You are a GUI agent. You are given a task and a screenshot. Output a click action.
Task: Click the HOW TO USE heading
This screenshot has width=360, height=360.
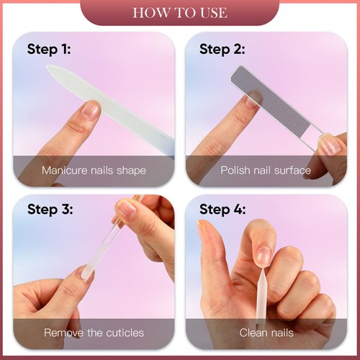click(180, 13)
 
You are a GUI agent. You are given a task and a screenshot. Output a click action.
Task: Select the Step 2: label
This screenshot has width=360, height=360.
click(222, 50)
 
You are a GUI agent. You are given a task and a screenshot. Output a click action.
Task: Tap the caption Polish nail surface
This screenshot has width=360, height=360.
click(266, 171)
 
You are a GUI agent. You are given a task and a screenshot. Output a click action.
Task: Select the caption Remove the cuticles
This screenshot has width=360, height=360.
click(94, 333)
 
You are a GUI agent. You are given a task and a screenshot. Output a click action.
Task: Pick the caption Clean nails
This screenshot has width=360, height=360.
click(266, 333)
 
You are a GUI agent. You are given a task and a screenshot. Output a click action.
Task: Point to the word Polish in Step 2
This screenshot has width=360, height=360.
click(236, 171)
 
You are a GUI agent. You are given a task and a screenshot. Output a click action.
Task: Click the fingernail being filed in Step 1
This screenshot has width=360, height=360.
click(91, 109)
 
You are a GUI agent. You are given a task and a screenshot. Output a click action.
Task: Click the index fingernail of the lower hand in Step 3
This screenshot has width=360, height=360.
click(85, 272)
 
